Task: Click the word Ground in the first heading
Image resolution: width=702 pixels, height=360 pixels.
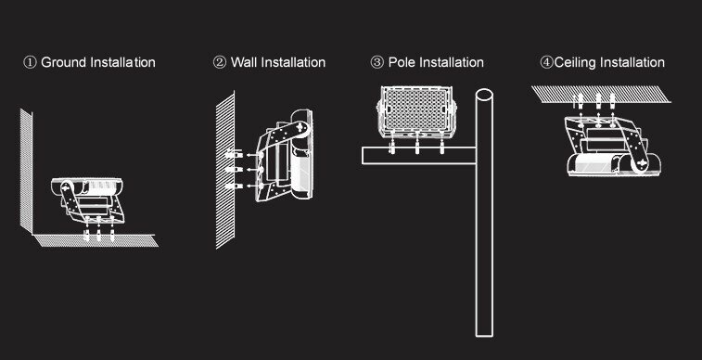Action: coord(64,63)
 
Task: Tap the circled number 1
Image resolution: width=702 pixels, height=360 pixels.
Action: coord(30,63)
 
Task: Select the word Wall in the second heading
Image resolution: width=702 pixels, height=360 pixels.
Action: coord(243,63)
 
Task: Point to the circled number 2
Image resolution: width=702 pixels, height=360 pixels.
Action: coord(219,63)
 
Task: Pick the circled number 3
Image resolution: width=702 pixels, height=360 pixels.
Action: coord(377,63)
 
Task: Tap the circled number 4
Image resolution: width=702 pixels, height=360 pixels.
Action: coord(546,63)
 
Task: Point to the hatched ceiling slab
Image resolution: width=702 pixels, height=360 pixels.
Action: coord(601,93)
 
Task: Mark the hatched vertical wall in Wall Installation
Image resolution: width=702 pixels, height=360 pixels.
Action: coord(223,167)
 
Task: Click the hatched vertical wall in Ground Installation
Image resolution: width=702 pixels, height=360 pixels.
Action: coord(27,172)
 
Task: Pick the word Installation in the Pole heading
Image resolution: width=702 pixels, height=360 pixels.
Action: coord(452,63)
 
